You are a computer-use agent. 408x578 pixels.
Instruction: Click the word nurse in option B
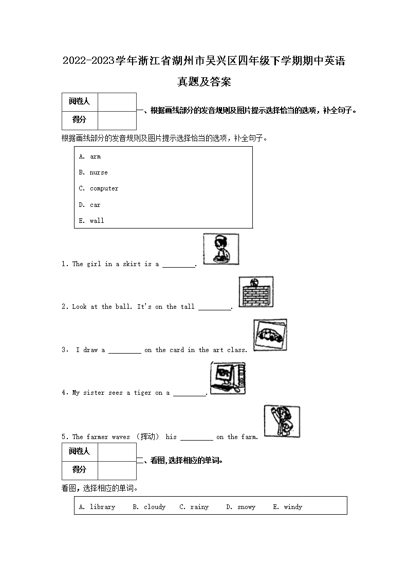[x=99, y=172]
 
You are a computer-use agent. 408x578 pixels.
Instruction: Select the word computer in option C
[x=104, y=188]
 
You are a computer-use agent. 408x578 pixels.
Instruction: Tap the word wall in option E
[x=97, y=220]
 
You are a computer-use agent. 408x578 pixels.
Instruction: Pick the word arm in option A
[x=95, y=156]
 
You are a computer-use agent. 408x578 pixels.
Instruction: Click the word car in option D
[x=95, y=204]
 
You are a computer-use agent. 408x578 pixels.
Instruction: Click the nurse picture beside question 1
[x=221, y=249]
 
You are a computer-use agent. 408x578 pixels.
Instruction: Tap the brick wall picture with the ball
[x=256, y=292]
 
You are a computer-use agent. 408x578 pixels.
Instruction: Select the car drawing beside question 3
[x=270, y=335]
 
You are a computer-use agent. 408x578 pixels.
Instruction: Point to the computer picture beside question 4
[x=228, y=378]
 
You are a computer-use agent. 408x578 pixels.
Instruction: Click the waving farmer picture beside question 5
[x=282, y=421]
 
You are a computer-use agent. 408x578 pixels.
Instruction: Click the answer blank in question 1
[x=179, y=267]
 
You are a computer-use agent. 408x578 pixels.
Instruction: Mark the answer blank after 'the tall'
[x=215, y=310]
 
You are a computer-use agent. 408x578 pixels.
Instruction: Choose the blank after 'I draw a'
[x=125, y=353]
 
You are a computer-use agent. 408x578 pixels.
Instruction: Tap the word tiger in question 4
[x=142, y=393]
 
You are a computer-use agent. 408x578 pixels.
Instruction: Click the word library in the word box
[x=102, y=507]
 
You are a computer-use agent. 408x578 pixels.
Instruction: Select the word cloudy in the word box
[x=155, y=507]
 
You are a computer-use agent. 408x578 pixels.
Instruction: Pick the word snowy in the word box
[x=246, y=507]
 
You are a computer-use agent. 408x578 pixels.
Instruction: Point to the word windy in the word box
[x=293, y=507]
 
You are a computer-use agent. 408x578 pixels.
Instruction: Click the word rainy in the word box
[x=199, y=507]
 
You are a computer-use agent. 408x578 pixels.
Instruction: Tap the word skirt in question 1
[x=132, y=264]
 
